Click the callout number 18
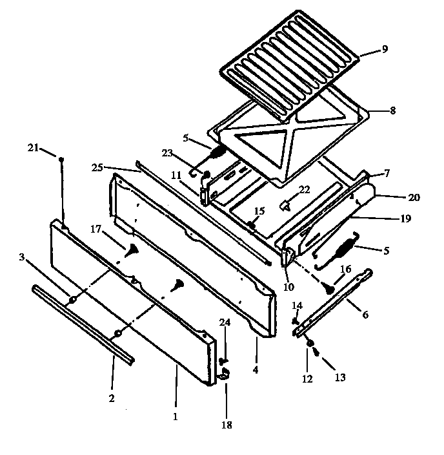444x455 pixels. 226,425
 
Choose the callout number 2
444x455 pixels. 111,399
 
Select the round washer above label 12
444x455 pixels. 310,343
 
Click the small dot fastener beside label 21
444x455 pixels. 61,159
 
